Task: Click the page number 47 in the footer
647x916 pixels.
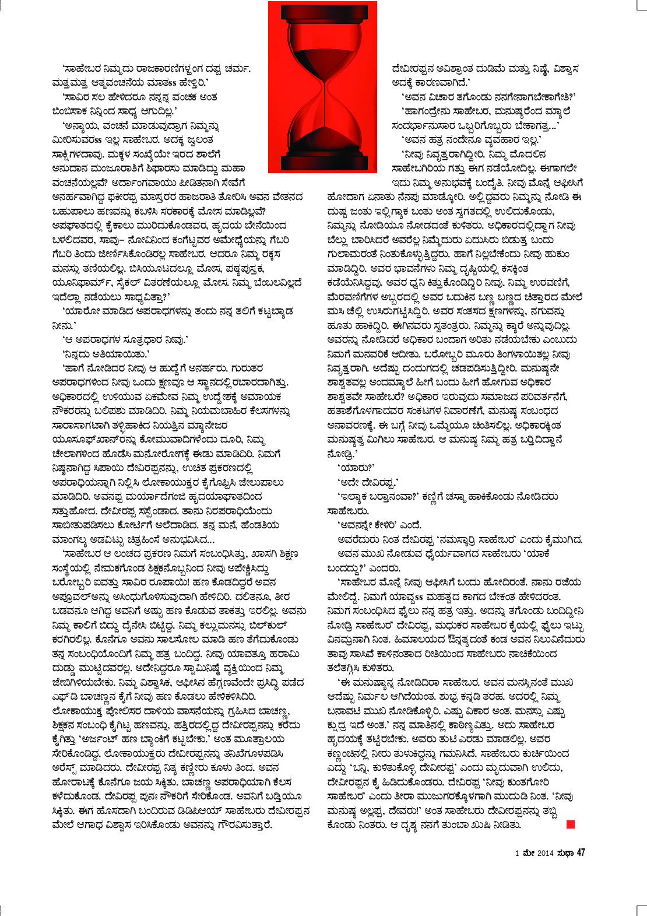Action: tap(581, 853)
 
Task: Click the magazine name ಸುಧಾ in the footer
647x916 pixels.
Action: tap(564, 853)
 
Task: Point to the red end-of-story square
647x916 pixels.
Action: tap(571, 824)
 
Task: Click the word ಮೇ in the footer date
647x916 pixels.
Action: tap(527, 854)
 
